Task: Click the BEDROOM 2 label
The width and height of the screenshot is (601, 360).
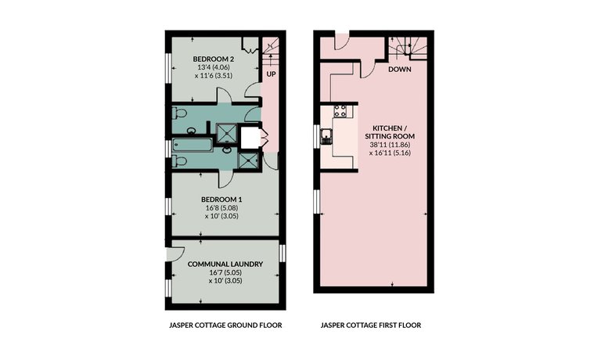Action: [x=214, y=59]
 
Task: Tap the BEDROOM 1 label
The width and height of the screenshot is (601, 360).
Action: [x=221, y=200]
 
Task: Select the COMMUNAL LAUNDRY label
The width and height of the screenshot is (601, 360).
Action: [x=225, y=265]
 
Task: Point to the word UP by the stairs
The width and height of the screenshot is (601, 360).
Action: [x=271, y=74]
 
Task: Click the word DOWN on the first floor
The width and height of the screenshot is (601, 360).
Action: [x=400, y=70]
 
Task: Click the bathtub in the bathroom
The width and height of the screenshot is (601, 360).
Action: [x=193, y=145]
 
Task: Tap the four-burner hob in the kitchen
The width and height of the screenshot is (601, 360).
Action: [x=340, y=111]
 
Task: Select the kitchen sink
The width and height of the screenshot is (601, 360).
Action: [x=326, y=136]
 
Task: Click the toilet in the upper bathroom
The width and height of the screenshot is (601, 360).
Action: [x=179, y=113]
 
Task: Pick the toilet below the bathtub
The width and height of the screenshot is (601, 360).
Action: [x=179, y=160]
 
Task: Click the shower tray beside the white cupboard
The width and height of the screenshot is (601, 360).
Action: [x=226, y=132]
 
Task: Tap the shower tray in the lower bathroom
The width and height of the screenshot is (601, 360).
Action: [x=248, y=160]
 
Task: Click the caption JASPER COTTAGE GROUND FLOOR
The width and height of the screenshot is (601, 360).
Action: [x=225, y=326]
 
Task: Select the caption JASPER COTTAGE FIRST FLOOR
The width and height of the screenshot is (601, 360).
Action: [x=371, y=326]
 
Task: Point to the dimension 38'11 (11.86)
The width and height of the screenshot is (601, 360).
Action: [x=390, y=145]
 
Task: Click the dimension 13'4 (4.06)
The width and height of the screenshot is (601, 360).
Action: [x=214, y=67]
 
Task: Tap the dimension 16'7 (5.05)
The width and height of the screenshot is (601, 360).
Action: [x=225, y=272]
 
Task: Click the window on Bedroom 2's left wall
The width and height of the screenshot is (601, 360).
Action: [x=168, y=67]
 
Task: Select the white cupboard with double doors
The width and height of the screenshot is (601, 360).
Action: [x=252, y=137]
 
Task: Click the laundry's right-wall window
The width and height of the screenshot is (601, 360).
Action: [x=283, y=254]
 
